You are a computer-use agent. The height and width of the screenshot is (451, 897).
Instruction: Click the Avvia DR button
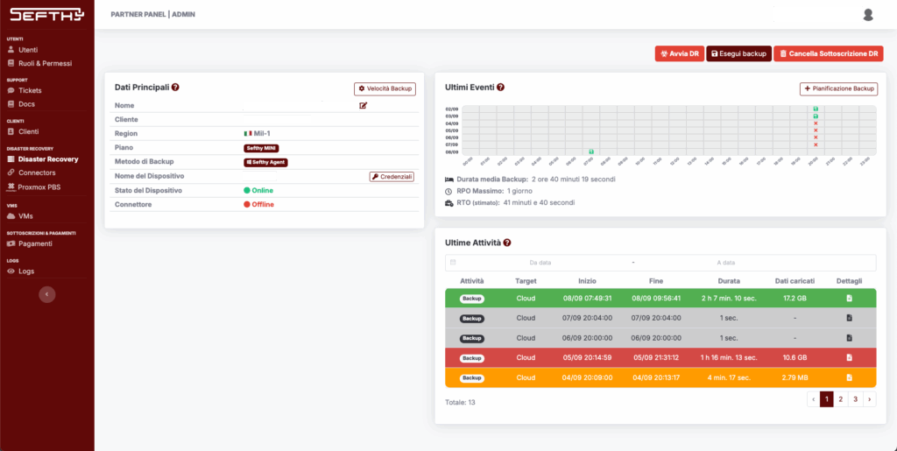click(679, 54)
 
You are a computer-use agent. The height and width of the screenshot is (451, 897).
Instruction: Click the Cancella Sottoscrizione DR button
click(828, 54)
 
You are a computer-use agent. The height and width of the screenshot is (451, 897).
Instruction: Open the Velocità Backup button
click(385, 88)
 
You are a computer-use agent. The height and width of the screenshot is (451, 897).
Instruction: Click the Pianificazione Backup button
click(838, 88)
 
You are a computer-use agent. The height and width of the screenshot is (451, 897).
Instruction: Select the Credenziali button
click(391, 177)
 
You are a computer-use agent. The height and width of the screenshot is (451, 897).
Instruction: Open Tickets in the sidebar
click(30, 90)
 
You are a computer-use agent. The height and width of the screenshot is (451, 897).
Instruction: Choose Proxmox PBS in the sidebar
click(39, 187)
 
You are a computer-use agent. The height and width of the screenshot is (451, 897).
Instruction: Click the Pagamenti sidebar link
click(35, 243)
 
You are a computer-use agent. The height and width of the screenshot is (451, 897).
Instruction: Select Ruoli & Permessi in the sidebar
click(45, 63)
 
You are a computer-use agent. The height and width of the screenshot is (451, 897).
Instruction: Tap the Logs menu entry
click(26, 271)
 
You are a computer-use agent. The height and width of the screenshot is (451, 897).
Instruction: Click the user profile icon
click(868, 14)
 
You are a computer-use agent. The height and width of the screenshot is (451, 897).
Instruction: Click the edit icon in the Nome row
click(364, 105)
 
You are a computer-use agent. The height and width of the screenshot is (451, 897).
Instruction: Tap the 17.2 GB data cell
click(795, 299)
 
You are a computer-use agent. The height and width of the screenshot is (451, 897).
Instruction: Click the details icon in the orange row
click(849, 377)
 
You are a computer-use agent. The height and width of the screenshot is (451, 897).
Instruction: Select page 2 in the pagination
click(841, 398)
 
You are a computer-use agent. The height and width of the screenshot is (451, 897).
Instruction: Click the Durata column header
click(729, 281)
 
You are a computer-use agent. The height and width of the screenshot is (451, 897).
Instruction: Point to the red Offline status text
click(263, 205)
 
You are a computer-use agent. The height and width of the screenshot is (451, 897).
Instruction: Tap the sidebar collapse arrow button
click(47, 294)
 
